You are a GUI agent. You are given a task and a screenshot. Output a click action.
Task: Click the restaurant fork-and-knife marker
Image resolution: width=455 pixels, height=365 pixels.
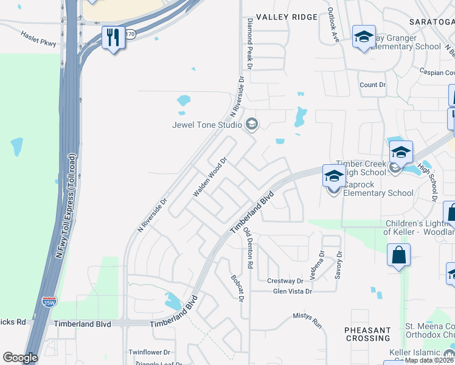pyautogui.click(x=113, y=38)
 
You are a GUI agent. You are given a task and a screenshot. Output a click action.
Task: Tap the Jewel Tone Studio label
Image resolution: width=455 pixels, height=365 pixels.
pyautogui.click(x=208, y=126)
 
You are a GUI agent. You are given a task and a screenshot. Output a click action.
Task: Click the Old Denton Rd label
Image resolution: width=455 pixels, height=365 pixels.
pyautogui.click(x=248, y=249)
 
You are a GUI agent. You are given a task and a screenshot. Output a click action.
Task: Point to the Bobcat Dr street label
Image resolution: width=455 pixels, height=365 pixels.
pyautogui.click(x=237, y=288)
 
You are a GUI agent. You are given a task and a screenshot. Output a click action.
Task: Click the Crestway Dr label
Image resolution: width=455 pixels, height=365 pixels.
pyautogui.click(x=285, y=281)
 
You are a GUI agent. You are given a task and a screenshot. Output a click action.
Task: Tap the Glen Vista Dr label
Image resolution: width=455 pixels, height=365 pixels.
pyautogui.click(x=293, y=291)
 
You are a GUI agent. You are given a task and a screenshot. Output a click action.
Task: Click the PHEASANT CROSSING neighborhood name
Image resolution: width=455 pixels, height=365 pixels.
pyautogui.click(x=367, y=334)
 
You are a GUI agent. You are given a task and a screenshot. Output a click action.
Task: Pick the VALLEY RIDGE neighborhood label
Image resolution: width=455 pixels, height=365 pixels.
pyautogui.click(x=287, y=17)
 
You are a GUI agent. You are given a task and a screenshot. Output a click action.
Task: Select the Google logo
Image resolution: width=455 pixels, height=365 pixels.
pyautogui.click(x=20, y=358)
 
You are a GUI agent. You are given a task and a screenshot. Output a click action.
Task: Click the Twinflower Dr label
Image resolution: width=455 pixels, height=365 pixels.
pyautogui.click(x=150, y=352)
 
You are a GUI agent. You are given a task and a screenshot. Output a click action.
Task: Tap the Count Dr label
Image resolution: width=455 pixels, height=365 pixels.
pyautogui.click(x=373, y=85)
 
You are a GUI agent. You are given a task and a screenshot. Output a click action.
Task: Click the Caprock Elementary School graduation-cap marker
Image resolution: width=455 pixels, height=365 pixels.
pyautogui.click(x=334, y=176)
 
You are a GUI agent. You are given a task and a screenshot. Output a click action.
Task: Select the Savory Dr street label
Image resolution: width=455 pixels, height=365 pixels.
pyautogui.click(x=339, y=266)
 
